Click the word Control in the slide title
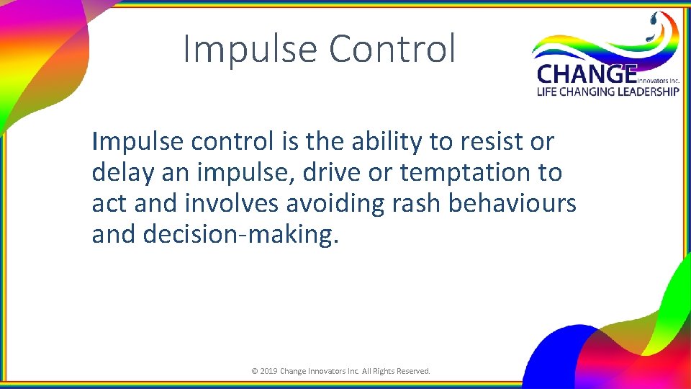(x=392, y=49)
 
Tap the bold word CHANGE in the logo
(x=586, y=74)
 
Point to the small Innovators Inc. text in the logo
(x=658, y=81)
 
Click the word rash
(x=416, y=204)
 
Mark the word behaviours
(x=512, y=204)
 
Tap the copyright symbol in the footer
(x=254, y=372)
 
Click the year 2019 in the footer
(x=268, y=372)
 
